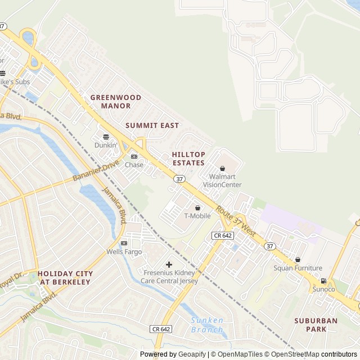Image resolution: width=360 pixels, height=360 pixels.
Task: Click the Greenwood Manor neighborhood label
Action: click(115, 101)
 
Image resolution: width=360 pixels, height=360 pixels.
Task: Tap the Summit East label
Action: click(152, 125)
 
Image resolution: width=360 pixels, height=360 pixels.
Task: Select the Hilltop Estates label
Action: click(188, 158)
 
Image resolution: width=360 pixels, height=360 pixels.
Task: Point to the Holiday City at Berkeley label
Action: click(65, 277)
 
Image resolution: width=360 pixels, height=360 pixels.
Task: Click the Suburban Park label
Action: click(316, 325)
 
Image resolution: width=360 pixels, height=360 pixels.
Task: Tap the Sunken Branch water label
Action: click(207, 324)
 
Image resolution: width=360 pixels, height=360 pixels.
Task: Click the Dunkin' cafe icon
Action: click(105, 136)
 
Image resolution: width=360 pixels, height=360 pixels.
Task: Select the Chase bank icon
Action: click(134, 156)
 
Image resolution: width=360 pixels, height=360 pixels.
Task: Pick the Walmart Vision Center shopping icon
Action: click(222, 168)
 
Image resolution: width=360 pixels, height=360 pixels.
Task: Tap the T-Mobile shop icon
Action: click(197, 208)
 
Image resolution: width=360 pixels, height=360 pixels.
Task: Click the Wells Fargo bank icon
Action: click(124, 243)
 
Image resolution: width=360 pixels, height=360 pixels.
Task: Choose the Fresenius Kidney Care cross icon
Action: click(169, 264)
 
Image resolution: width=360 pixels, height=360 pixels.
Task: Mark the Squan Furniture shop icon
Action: click(298, 259)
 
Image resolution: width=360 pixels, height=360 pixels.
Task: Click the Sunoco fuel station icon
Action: click(323, 281)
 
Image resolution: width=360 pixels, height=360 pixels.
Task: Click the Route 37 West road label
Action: click(236, 222)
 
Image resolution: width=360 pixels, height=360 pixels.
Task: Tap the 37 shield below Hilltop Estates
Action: click(179, 178)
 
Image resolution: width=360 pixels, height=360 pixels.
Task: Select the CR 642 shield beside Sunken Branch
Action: click(161, 328)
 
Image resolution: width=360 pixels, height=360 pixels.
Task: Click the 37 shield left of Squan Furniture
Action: click(270, 246)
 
